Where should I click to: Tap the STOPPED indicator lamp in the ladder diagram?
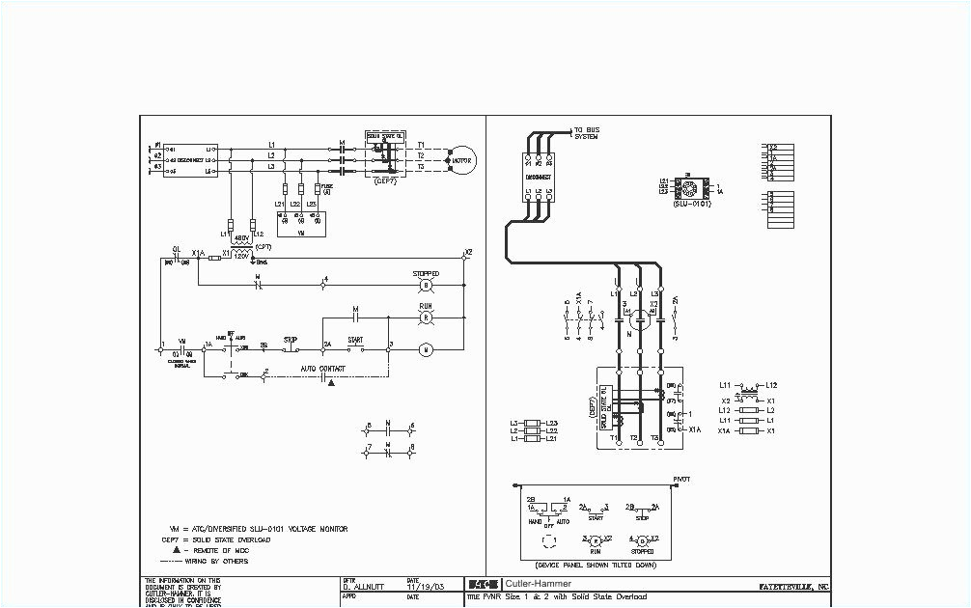coord(426,287)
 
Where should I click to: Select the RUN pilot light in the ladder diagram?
coord(426,317)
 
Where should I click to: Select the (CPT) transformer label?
coord(263,247)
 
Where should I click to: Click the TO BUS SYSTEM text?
coord(587,133)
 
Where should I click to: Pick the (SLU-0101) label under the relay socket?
coord(689,205)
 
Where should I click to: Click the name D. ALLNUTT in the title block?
coord(363,586)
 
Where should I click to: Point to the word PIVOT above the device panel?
coord(680,479)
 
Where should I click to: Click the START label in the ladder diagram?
coord(355,339)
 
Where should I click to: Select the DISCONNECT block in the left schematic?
coord(190,160)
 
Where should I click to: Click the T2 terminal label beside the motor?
coord(422,155)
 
